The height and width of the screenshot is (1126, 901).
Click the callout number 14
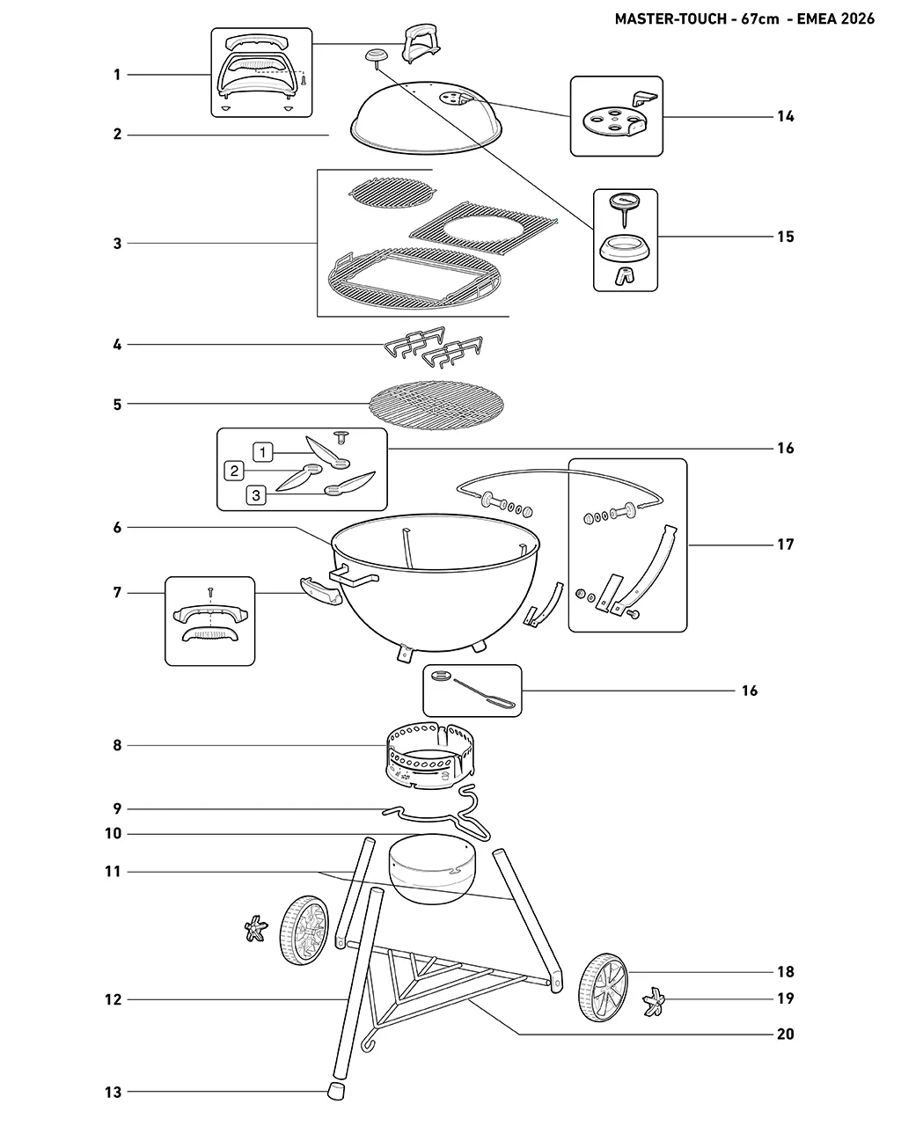(785, 116)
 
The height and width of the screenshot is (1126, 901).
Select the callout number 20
(785, 1034)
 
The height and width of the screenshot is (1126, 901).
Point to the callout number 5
(117, 404)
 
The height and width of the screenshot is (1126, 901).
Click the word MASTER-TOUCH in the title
(670, 19)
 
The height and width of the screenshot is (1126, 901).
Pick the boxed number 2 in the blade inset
(234, 471)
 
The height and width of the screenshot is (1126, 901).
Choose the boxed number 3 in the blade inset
(256, 495)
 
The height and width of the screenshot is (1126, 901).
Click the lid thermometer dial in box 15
(625, 201)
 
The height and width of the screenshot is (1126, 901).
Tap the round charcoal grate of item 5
(436, 405)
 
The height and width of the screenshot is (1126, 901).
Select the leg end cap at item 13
(335, 1091)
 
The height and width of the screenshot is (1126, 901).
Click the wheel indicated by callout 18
(603, 987)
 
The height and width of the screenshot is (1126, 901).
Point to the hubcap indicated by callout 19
(654, 1001)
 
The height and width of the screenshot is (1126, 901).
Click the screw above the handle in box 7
(210, 592)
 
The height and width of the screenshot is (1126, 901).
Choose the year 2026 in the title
(857, 19)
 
